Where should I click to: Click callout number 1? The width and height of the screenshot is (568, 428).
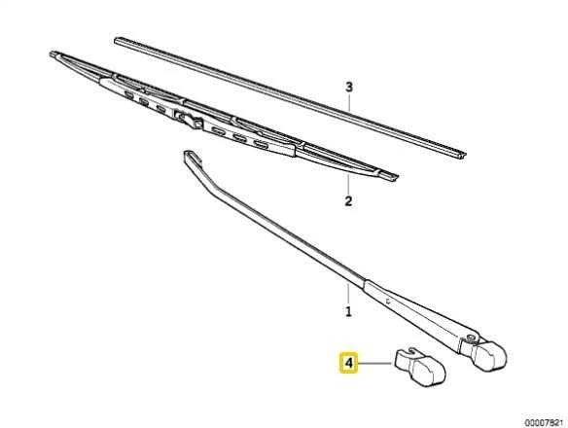(348, 311)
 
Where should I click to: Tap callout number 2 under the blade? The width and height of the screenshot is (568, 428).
(348, 201)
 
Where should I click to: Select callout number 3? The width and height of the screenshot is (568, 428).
(348, 87)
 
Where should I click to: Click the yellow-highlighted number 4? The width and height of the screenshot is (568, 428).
(348, 363)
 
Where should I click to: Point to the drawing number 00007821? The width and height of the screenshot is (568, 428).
(545, 422)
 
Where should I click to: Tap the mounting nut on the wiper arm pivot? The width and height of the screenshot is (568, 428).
(471, 338)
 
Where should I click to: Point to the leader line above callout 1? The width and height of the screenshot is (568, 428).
(348, 294)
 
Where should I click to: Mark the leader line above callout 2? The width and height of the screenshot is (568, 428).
(348, 184)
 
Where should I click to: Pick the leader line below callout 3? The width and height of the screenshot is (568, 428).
(349, 102)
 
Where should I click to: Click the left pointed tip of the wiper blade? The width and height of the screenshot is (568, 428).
(52, 53)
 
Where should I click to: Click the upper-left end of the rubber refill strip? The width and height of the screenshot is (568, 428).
(117, 40)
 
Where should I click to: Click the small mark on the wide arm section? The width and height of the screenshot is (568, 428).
(388, 301)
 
